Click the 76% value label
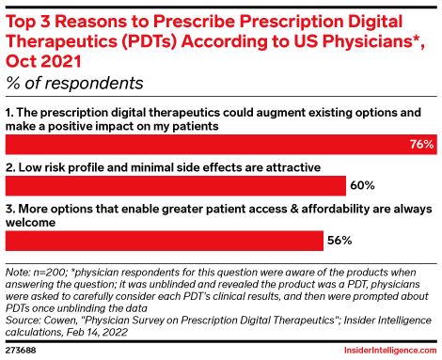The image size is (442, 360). click(421, 145)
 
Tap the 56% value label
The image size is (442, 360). click(339, 241)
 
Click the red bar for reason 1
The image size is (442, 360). click(207, 145)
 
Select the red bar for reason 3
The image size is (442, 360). click(165, 241)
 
